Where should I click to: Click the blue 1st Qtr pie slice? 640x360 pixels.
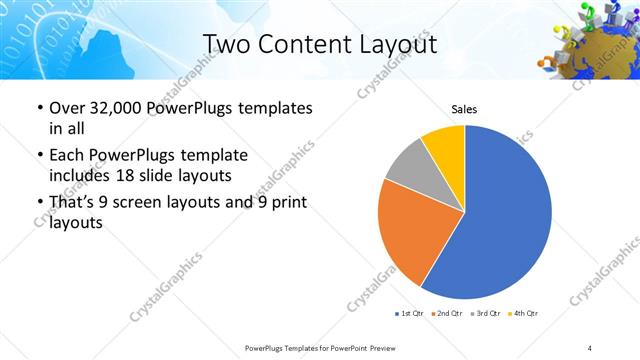click(505, 215)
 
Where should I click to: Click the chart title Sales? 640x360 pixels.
click(464, 108)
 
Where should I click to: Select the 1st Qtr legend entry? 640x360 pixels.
click(409, 314)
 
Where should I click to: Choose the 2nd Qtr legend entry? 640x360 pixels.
click(445, 314)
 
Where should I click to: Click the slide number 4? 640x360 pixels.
click(590, 347)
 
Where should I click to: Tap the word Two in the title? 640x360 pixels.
click(225, 44)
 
